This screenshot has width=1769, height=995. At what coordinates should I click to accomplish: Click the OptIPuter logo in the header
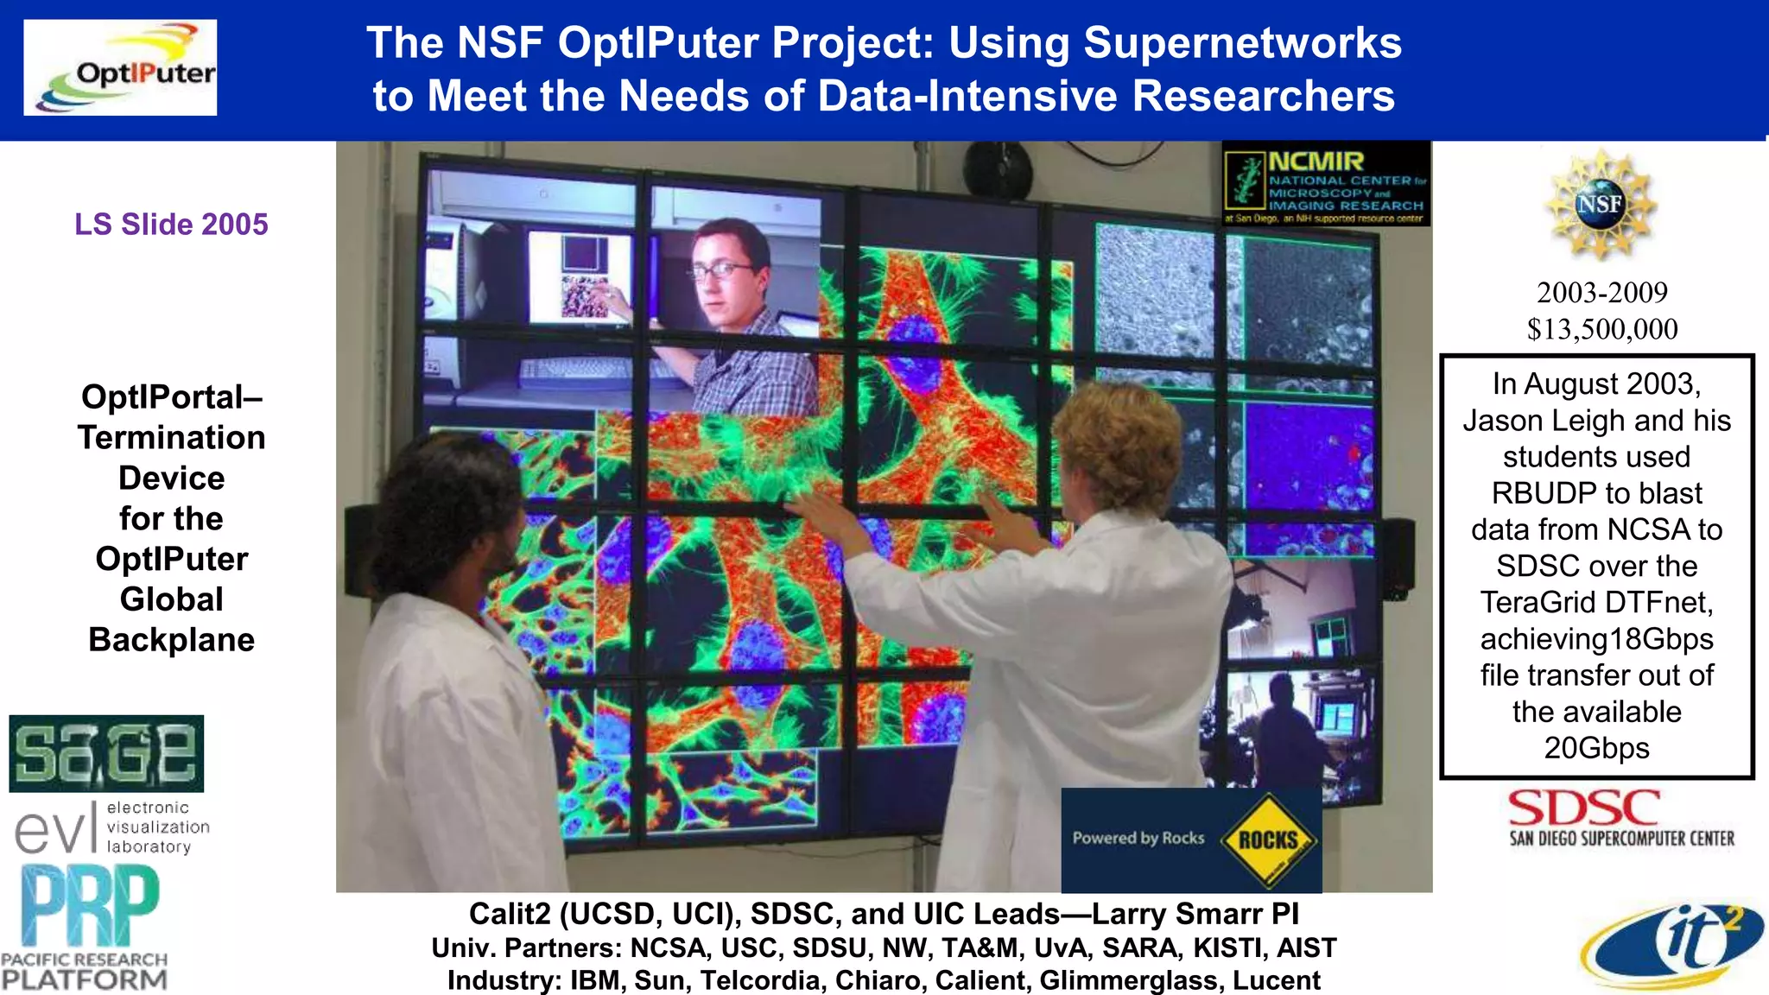[x=120, y=67]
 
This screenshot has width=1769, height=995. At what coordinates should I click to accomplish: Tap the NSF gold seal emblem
[x=1600, y=205]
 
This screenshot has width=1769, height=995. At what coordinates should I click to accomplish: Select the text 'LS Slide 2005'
[x=171, y=225]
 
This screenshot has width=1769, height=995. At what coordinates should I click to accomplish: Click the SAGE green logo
[x=106, y=753]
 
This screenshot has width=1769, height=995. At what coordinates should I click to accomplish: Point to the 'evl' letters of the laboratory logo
[x=54, y=829]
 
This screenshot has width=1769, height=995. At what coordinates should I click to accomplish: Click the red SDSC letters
[x=1583, y=808]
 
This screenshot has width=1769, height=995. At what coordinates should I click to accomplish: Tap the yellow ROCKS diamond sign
[x=1268, y=840]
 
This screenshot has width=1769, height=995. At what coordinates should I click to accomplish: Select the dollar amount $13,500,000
[x=1602, y=329]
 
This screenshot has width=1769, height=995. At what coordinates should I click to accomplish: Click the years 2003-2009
[x=1602, y=293]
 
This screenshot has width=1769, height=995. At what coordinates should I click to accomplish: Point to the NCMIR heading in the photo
[x=1316, y=162]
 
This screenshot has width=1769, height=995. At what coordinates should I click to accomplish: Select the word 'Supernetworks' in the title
[x=1242, y=43]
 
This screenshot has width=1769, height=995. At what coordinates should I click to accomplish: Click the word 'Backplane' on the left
[x=171, y=640]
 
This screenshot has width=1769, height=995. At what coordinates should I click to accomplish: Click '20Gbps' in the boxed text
[x=1596, y=748]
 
